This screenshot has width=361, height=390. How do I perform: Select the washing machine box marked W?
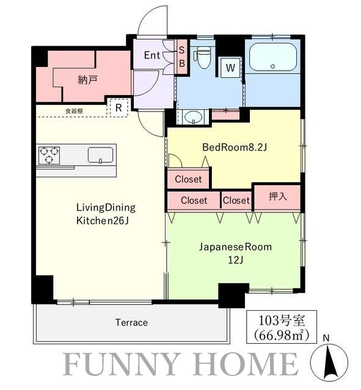point(230,67)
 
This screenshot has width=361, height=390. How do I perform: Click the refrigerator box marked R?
point(118,107)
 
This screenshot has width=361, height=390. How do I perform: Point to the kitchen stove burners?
point(49,155)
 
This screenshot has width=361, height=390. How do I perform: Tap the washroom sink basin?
point(194,116)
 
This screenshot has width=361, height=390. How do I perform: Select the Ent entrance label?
point(151,55)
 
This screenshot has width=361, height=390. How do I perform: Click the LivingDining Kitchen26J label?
point(106,213)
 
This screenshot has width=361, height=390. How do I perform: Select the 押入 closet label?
point(277,196)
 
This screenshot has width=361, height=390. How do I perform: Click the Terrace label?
point(131,322)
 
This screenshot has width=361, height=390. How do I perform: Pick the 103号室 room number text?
point(278,321)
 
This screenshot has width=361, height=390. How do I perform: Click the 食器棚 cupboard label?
point(74,111)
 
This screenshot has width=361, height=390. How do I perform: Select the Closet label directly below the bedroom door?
point(188,179)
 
